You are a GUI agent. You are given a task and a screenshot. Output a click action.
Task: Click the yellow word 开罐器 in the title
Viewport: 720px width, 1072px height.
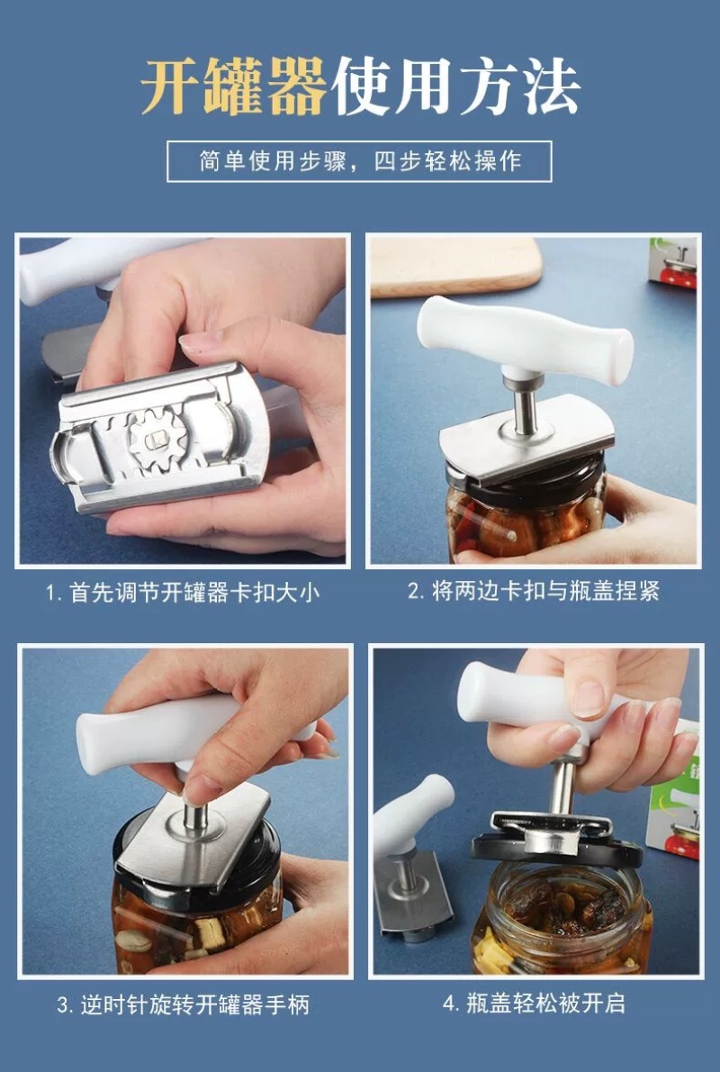click(x=234, y=86)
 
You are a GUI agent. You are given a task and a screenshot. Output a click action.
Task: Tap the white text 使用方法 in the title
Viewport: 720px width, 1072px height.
click(x=456, y=86)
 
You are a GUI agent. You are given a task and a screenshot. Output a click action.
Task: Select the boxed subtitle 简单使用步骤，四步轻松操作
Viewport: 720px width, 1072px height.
click(x=359, y=161)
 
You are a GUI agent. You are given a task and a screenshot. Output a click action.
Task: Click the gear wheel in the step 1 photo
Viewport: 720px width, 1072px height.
click(x=157, y=438)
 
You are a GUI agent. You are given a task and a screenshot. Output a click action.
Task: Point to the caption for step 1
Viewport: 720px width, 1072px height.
click(x=183, y=592)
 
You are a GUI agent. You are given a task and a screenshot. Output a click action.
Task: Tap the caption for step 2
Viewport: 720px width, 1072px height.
click(x=534, y=591)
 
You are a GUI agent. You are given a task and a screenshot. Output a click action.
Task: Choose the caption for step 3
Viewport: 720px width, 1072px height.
click(x=183, y=1004)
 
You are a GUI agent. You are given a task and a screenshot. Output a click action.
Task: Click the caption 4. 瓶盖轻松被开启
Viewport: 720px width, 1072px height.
click(x=535, y=1003)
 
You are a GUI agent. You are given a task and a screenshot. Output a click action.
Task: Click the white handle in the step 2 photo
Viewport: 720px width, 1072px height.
click(x=525, y=339)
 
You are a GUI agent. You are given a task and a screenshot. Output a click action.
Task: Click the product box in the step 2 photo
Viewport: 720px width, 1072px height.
click(x=674, y=263)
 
